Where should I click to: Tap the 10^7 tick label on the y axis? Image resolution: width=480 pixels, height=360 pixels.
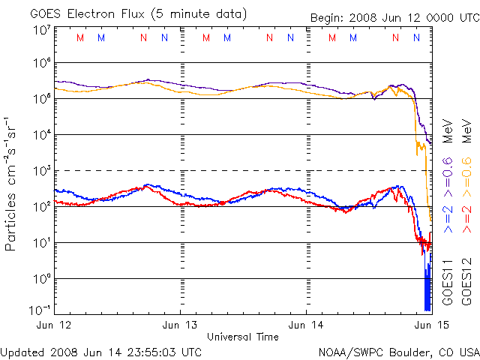[x=41, y=31]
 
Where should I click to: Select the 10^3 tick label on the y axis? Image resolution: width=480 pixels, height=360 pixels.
[x=41, y=170]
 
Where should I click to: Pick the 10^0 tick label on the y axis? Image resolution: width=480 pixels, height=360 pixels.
[x=41, y=278]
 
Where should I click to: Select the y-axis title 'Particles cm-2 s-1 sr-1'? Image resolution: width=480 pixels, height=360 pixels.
[x=12, y=184]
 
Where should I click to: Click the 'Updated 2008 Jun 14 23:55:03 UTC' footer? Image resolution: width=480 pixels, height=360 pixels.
[x=101, y=351]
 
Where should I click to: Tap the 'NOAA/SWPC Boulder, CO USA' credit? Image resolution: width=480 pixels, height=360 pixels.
[x=398, y=351]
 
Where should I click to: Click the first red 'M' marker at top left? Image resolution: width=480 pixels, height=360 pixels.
[x=80, y=37]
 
